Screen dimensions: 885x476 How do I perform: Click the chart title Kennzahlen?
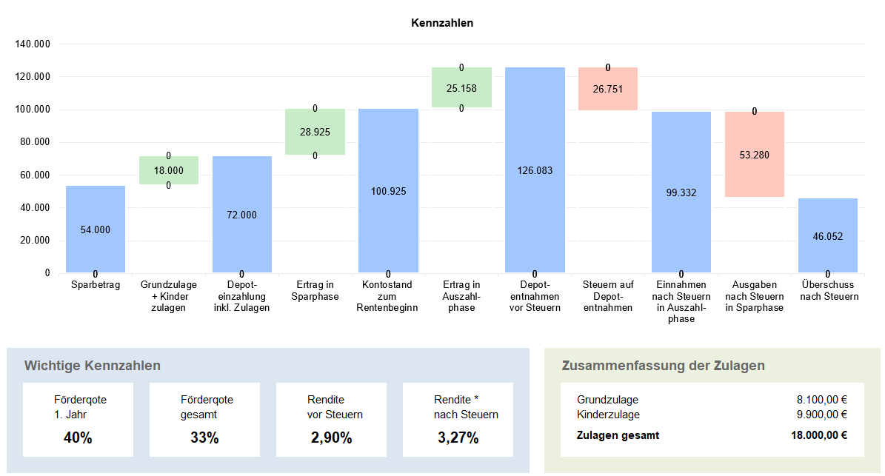point(442,23)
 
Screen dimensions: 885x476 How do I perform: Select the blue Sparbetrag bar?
point(96,229)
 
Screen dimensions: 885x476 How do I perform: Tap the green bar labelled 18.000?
point(169,170)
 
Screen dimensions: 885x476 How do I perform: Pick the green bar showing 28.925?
point(315,132)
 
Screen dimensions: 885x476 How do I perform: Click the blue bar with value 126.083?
point(535,170)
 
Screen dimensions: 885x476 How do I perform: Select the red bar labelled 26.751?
point(608,89)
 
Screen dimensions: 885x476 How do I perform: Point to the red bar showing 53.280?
point(755,155)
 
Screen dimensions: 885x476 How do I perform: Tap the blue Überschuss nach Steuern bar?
point(828,235)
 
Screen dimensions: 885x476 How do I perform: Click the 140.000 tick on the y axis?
point(33,44)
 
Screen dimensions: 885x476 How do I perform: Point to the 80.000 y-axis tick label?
point(35,142)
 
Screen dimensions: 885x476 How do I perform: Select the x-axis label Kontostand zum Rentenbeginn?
point(387,296)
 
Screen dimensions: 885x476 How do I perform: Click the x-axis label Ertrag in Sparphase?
point(315,290)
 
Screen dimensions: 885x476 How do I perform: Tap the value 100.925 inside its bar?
point(388,191)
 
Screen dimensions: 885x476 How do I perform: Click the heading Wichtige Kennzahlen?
point(92,366)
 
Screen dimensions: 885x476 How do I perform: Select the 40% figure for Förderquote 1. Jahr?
point(78,438)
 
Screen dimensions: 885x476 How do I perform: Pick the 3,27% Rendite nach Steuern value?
point(458,438)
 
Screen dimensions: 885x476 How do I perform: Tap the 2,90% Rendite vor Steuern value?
point(331,438)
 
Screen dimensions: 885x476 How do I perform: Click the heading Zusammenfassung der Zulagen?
point(663,366)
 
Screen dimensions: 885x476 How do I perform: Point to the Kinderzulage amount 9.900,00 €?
point(822,415)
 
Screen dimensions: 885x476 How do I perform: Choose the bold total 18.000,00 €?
point(819,435)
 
